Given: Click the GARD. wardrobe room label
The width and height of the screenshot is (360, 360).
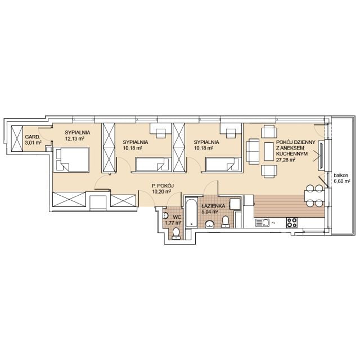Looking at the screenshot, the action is click(x=33, y=137).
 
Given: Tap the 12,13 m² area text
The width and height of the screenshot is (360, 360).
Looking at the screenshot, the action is click(x=74, y=138).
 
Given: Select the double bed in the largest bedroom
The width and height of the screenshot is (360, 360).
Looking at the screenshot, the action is click(x=71, y=159).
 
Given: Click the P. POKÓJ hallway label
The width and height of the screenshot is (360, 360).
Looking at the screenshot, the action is click(x=163, y=186).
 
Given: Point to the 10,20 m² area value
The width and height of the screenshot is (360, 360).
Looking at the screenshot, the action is click(x=162, y=191).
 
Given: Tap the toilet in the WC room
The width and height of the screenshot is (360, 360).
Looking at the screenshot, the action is click(x=176, y=234).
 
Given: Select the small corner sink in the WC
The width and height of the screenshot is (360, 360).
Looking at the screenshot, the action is click(x=165, y=215).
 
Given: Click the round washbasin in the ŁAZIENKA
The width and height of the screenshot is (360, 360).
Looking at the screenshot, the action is click(x=210, y=224).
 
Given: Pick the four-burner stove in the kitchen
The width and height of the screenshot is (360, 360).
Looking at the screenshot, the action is click(x=292, y=223).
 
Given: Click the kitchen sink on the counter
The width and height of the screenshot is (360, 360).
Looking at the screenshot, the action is click(x=263, y=223).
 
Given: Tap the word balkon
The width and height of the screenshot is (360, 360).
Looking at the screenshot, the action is click(x=341, y=175).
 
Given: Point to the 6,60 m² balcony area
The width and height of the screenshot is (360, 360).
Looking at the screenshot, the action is click(x=342, y=181).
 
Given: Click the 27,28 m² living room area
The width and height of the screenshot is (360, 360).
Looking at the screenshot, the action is click(x=286, y=160).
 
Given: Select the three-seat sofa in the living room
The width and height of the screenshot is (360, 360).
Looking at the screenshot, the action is click(x=253, y=151).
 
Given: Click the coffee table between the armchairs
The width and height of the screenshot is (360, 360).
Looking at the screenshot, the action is click(x=269, y=151).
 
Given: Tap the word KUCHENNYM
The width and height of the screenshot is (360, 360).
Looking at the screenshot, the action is click(x=292, y=154).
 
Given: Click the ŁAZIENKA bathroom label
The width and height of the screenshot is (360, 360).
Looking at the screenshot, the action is click(x=213, y=206).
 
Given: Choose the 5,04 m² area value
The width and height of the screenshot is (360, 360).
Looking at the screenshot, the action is click(x=210, y=212).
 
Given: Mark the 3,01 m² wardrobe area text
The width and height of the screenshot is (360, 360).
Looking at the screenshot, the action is click(x=33, y=142).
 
